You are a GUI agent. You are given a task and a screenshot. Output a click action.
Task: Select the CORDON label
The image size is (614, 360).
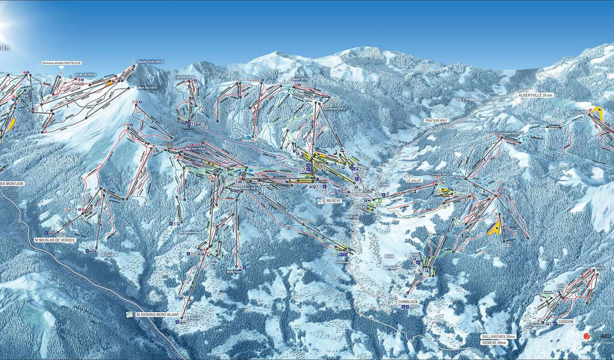[x=565, y=322]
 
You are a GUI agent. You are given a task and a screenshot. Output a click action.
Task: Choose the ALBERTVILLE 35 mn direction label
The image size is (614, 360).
[x=536, y=95]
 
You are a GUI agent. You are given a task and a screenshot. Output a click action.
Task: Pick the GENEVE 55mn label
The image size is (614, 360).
[x=494, y=343]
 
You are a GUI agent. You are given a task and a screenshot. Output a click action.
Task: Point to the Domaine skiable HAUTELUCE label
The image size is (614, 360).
[x=61, y=63]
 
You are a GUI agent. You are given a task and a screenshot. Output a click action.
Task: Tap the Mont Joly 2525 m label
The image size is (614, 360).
[x=148, y=88]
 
